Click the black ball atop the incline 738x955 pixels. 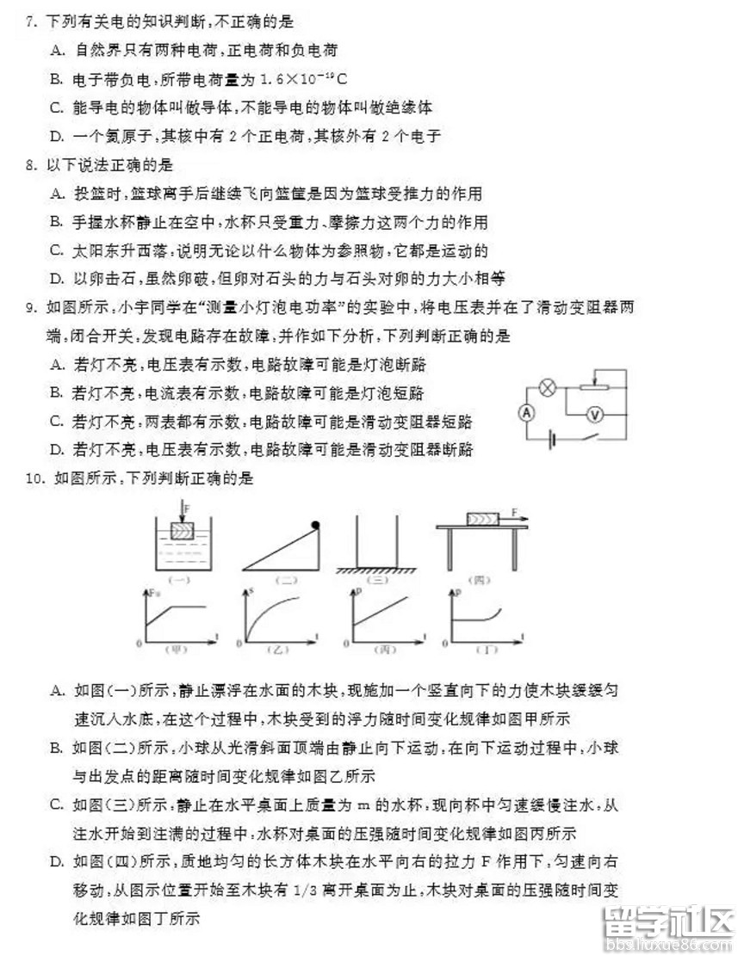click(315, 524)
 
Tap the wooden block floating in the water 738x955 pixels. click(182, 532)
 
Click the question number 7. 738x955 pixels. click(30, 20)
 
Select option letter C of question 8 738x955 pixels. click(58, 250)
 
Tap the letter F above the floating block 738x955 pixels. click(183, 508)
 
